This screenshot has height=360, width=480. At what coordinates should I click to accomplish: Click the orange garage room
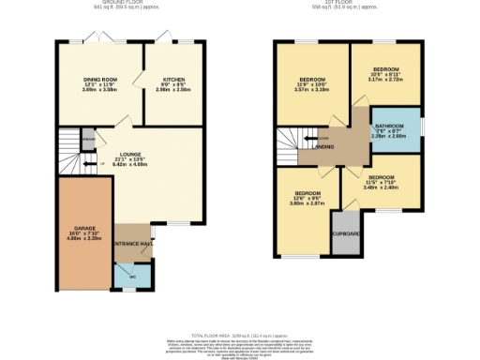tap(85, 230)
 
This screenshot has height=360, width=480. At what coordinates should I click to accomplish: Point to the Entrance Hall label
tap(132, 243)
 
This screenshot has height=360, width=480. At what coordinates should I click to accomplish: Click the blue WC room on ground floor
tap(126, 276)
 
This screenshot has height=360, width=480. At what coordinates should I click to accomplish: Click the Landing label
tap(324, 147)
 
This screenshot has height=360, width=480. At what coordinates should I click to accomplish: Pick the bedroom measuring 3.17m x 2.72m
tap(385, 75)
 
